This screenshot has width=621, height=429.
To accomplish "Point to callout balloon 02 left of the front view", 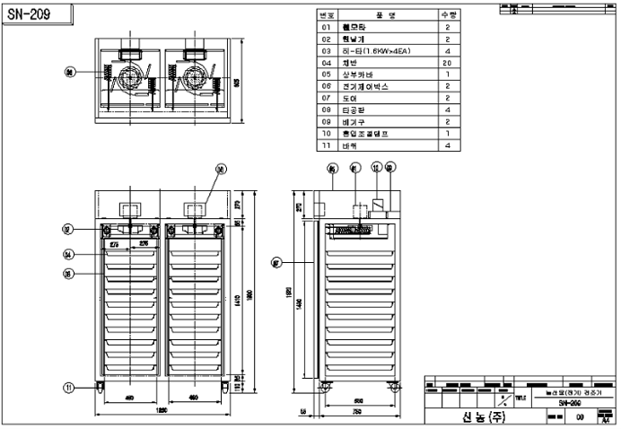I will (x=67, y=230).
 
